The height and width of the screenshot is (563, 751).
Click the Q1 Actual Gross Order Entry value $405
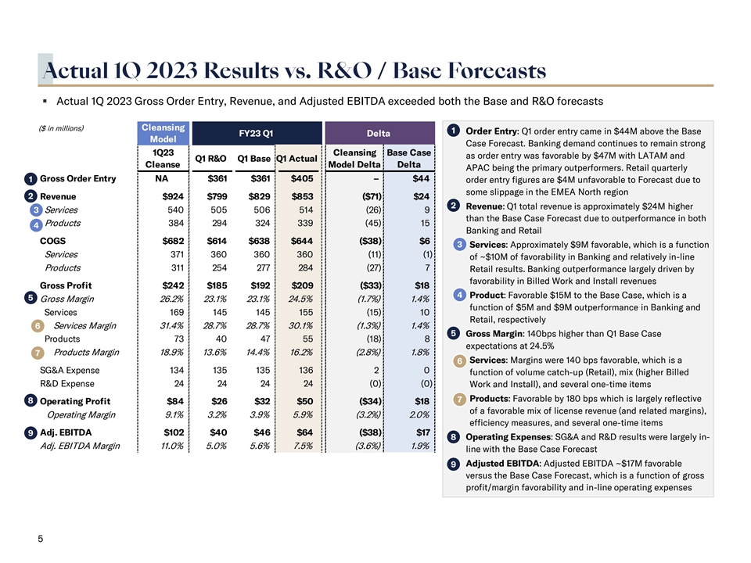coord(301,179)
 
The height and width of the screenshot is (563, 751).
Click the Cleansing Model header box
coord(163,133)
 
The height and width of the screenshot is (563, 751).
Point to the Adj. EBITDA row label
coord(66,432)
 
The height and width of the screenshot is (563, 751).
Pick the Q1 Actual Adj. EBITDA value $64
coord(303,432)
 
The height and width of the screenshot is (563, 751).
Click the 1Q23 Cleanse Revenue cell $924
coord(173,195)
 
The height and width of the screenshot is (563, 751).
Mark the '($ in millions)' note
coord(61,128)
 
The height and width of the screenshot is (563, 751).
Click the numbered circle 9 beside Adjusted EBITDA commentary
coord(455,466)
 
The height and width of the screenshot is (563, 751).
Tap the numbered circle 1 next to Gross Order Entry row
coord(29,180)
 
